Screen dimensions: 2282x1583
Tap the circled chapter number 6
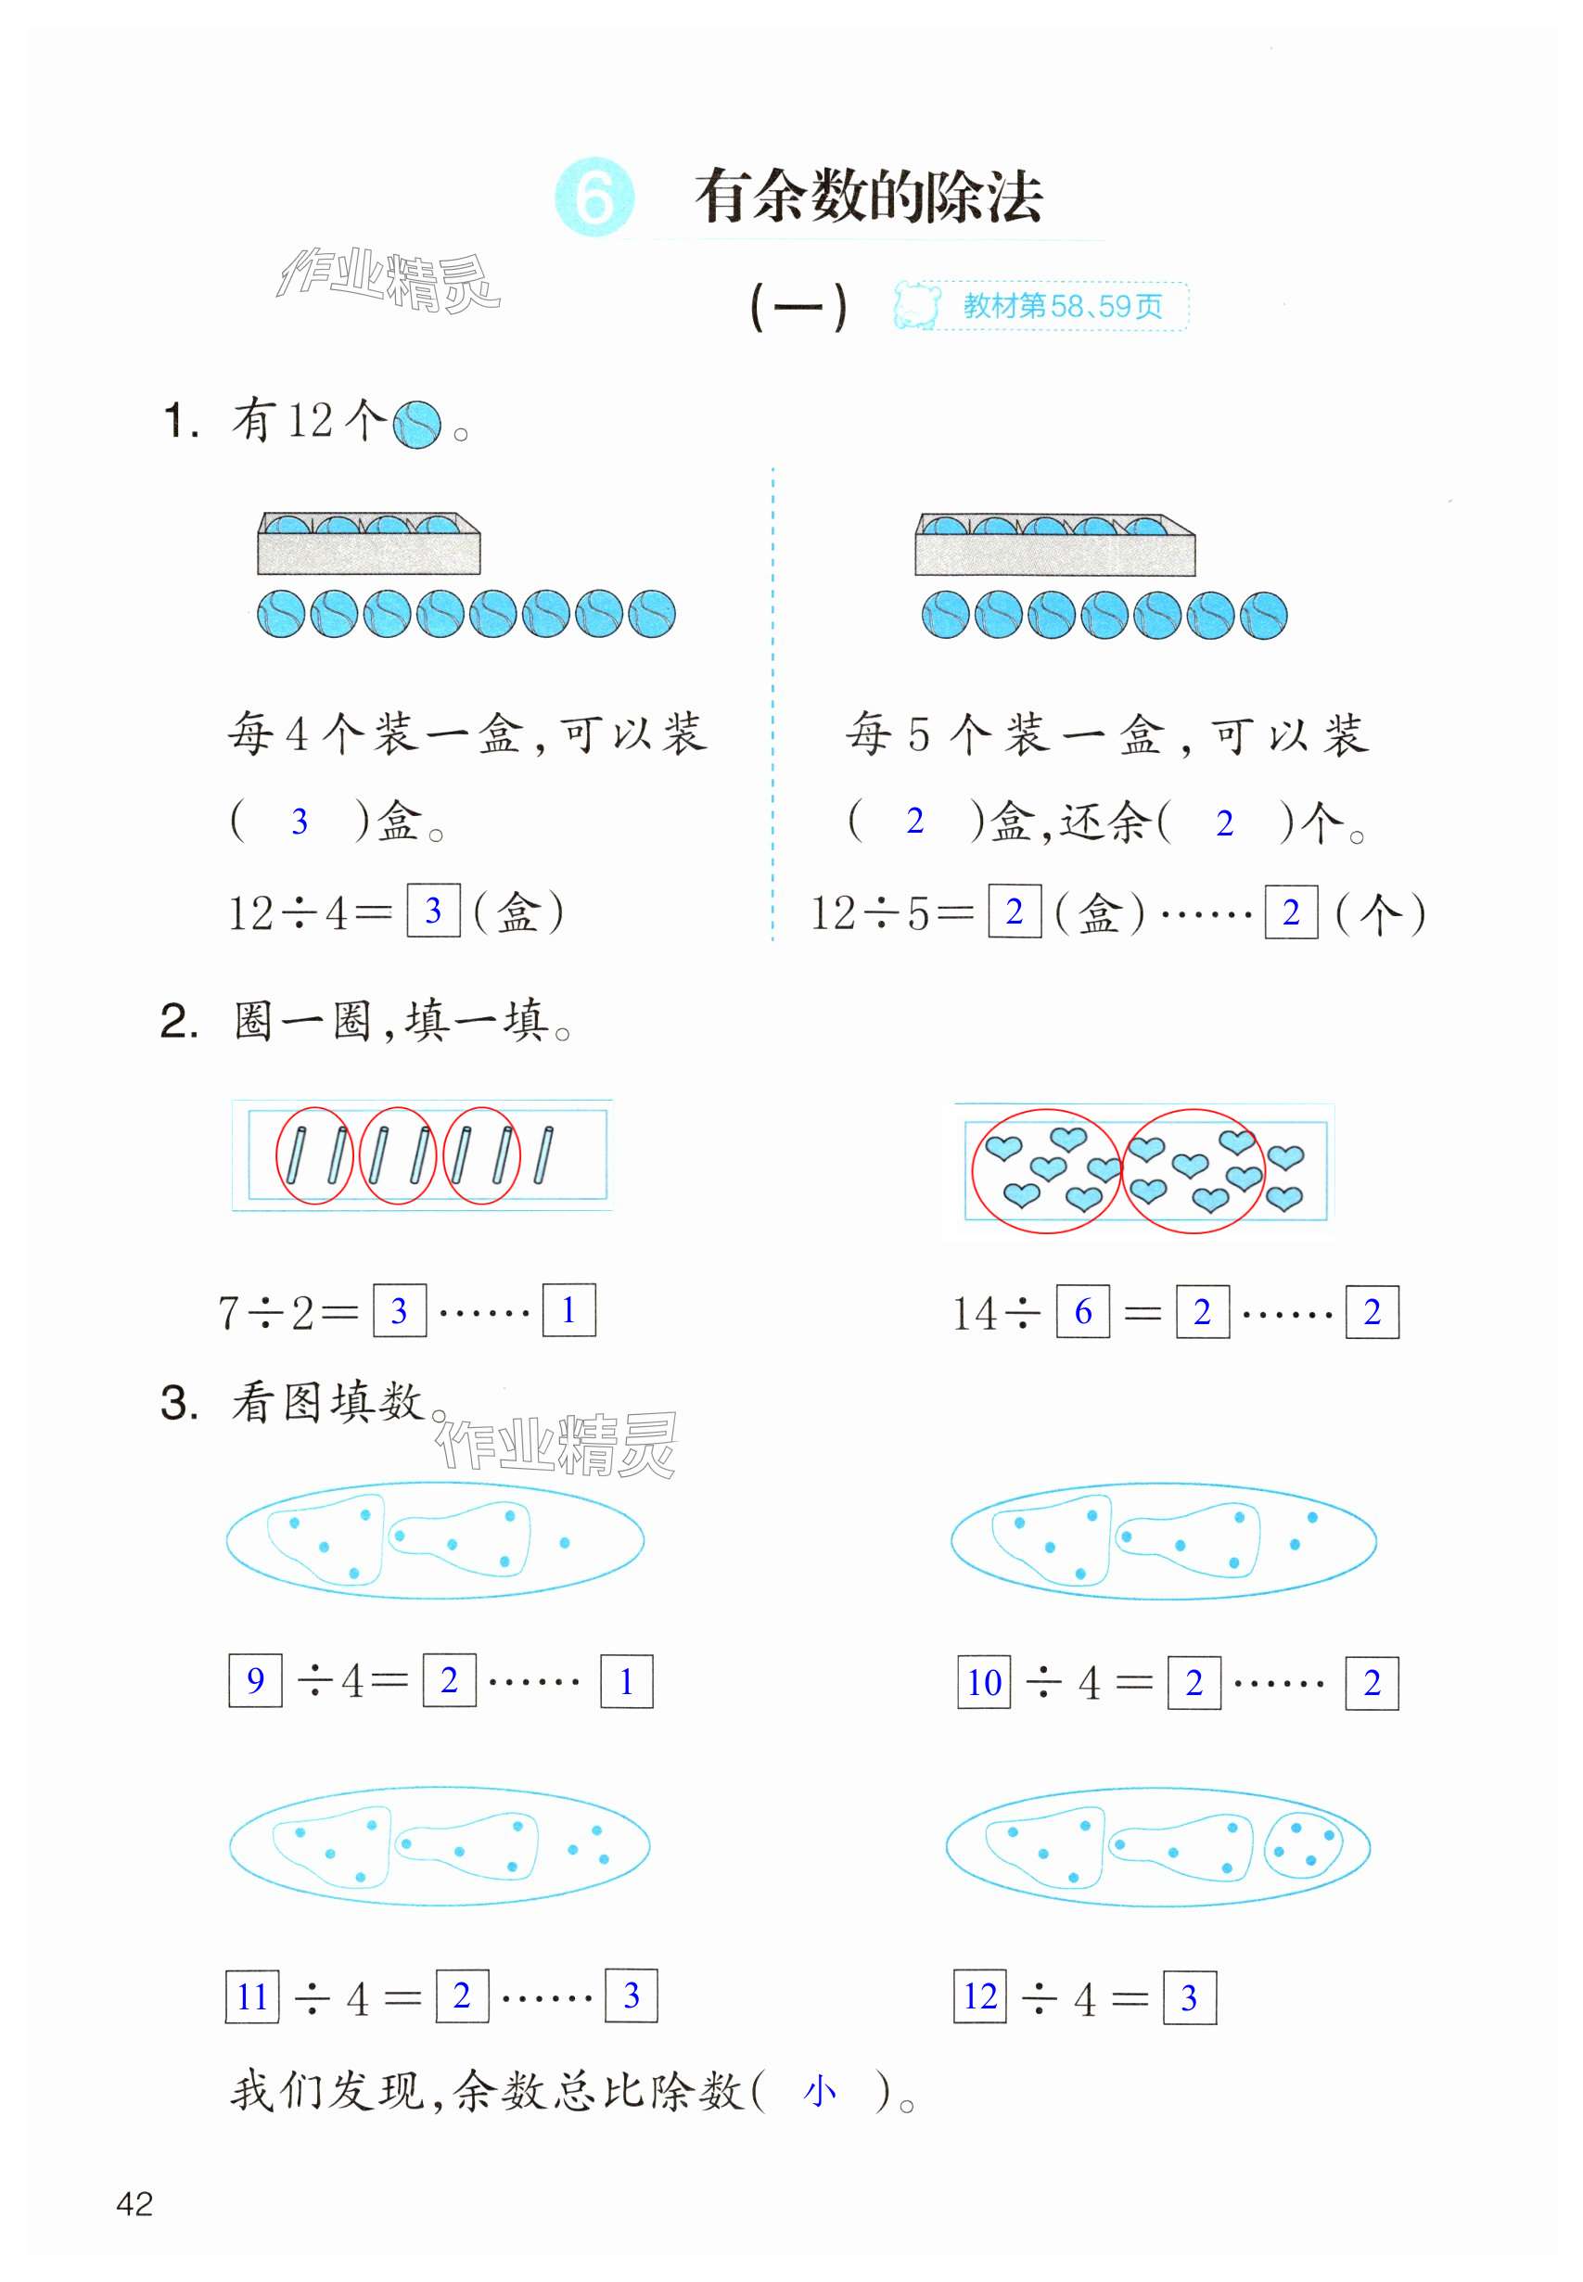coord(594,197)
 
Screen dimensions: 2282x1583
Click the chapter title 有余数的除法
coord(868,197)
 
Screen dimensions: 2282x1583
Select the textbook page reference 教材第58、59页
coord(1061,305)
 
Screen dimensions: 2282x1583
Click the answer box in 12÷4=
coord(433,911)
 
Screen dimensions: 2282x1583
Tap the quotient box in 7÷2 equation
coord(400,1310)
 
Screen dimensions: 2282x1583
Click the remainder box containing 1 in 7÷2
coord(568,1310)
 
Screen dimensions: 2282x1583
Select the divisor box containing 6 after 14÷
coord(1082,1311)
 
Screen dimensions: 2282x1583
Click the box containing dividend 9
coord(255,1680)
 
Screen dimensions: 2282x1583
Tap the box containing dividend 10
coord(983,1682)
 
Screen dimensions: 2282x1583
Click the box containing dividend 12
coord(980,1995)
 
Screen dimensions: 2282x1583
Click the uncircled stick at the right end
coord(543,1155)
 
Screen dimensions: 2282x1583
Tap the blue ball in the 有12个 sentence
coord(416,425)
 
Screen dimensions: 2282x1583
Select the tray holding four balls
coord(369,543)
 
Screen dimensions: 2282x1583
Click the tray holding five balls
coord(1054,544)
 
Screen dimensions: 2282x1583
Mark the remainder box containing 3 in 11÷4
coord(631,1995)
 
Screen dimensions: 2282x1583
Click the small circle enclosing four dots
coord(1302,1845)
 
